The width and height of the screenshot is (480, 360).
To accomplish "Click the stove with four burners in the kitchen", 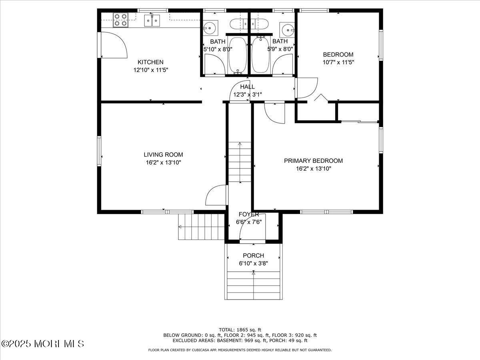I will click(x=120, y=20).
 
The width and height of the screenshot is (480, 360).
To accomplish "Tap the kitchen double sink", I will click(x=152, y=20).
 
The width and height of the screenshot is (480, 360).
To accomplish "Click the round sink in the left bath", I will click(x=208, y=28).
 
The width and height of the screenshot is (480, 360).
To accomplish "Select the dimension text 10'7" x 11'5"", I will click(x=338, y=62).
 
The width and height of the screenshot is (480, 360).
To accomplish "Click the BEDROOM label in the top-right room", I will click(x=338, y=54).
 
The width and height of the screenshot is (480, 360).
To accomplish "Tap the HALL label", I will click(x=247, y=87).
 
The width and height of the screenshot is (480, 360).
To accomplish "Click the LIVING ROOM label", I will click(x=163, y=154).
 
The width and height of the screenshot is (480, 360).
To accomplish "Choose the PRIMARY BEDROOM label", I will click(x=313, y=161).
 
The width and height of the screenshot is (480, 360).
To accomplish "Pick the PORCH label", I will click(x=253, y=256).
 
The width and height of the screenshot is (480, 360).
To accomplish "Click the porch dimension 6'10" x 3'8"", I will click(x=253, y=263).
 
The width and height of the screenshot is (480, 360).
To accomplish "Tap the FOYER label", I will click(x=249, y=214).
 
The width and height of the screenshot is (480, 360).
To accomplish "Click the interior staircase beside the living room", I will click(x=240, y=162).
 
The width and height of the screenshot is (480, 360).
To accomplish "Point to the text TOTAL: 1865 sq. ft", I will click(x=240, y=330).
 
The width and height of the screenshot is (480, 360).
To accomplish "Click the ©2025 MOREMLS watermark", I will click(x=43, y=344).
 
